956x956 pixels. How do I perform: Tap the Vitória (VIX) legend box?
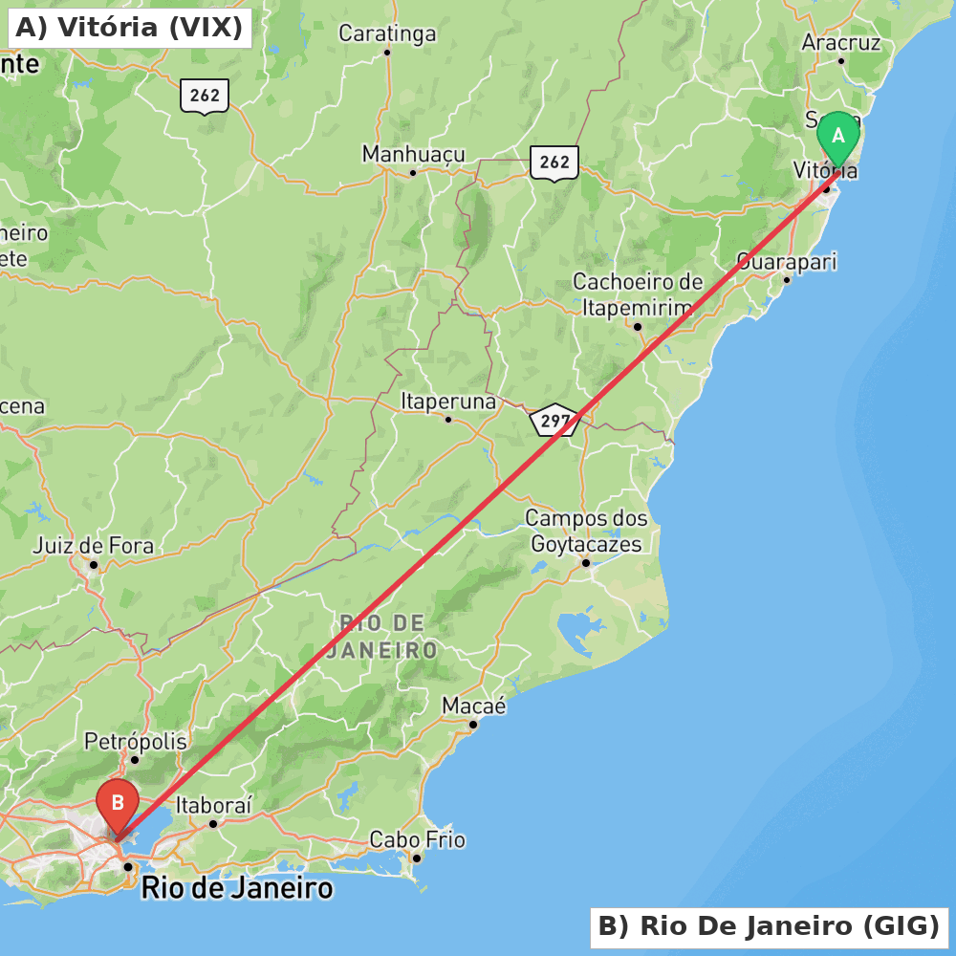(130, 28)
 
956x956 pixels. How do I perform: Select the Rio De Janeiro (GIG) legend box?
(769, 926)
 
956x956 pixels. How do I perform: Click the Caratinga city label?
(387, 34)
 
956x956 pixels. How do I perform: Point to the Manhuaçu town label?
(413, 154)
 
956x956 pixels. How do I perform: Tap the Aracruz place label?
(840, 43)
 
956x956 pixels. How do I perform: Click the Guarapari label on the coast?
(787, 261)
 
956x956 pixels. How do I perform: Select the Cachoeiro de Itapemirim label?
(638, 294)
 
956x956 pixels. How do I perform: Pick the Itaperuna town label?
(448, 402)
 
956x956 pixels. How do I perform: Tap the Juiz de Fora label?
(93, 547)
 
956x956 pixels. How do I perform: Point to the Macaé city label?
(473, 706)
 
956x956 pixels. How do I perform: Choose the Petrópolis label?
(136, 741)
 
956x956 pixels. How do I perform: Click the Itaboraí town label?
(213, 806)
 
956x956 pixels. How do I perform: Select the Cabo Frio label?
(417, 840)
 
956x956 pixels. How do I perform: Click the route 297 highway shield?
(554, 420)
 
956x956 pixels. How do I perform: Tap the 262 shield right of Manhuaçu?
(554, 163)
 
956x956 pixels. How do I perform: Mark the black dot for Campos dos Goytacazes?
(586, 562)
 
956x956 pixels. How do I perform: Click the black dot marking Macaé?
(472, 725)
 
